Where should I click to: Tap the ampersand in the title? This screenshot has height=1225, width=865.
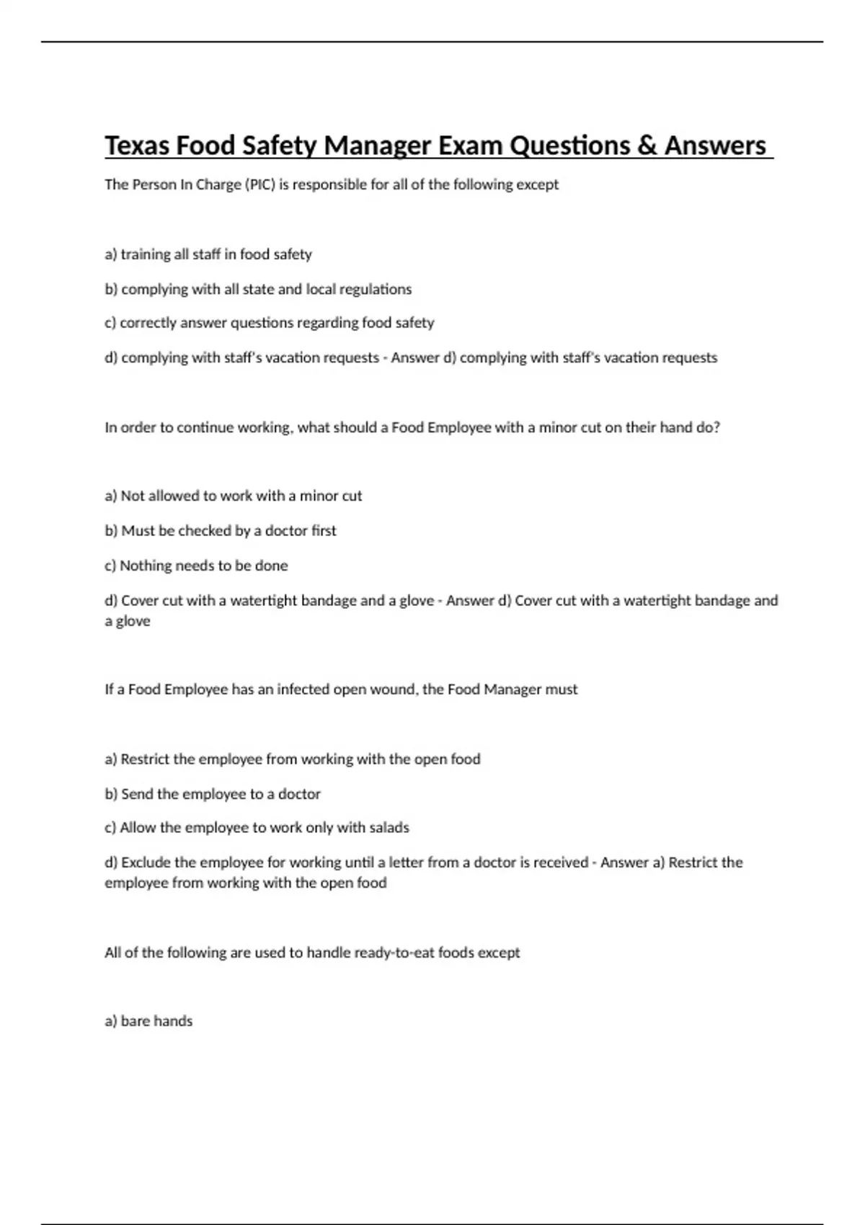[647, 146]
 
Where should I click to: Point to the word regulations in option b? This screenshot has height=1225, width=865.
[375, 289]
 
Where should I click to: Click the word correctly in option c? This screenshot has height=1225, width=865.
[148, 323]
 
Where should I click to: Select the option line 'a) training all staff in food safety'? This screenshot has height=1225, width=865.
[208, 254]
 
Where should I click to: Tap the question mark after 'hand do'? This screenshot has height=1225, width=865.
[717, 427]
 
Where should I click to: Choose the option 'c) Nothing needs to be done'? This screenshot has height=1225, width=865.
[196, 566]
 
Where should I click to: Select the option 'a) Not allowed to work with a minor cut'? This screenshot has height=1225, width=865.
[233, 496]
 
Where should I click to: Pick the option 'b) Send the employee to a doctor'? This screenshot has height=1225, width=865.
[213, 794]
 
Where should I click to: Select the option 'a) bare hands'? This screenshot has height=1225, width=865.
[148, 1021]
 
